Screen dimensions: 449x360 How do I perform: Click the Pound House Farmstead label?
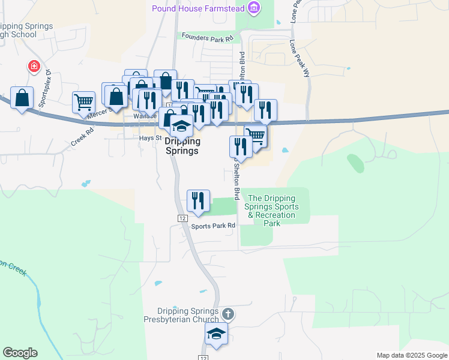tap(199, 8)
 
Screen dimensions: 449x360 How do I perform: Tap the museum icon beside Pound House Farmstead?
tap(255, 8)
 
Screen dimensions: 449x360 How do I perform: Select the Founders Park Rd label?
tap(207, 37)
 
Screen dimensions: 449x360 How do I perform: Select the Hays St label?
tap(151, 137)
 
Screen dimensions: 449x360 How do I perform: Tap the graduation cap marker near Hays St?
tap(181, 125)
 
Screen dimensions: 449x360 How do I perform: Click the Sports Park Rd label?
tap(213, 226)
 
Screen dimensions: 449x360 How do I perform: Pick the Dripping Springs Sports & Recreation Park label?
tap(271, 211)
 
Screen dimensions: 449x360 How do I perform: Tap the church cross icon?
tap(228, 314)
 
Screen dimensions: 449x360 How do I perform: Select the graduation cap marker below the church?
tap(217, 335)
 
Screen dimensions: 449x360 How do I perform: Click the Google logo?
tap(20, 353)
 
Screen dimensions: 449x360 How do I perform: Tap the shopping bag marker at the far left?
tap(22, 98)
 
